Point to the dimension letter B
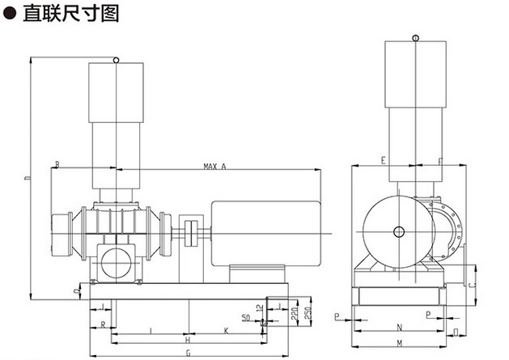pos(57,165)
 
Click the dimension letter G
pos(188,352)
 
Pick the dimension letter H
pos(187,340)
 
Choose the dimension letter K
pos(226,329)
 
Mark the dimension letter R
pos(104,324)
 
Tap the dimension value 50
pos(245,316)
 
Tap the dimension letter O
pos(456,331)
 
